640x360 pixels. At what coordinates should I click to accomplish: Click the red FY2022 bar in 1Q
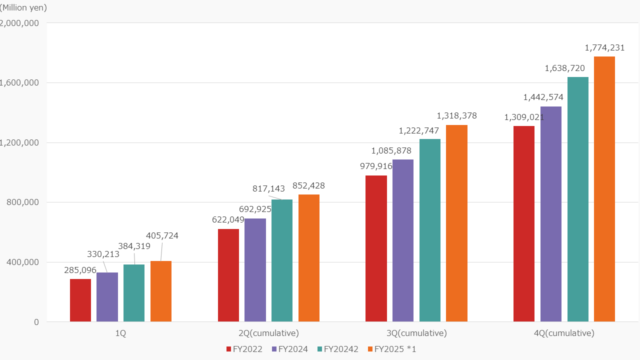(x=80, y=300)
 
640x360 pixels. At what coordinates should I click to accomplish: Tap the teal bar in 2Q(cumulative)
(x=282, y=260)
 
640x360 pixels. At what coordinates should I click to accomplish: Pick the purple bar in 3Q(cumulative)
(x=403, y=240)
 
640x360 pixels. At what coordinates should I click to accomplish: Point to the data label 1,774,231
(x=604, y=48)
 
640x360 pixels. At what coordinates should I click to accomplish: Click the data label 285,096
(x=80, y=270)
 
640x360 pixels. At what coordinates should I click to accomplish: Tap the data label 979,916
(x=376, y=166)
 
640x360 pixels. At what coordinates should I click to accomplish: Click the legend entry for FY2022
(x=244, y=349)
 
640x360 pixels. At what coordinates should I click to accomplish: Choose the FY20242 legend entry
(x=337, y=349)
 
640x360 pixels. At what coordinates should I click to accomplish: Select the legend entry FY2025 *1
(x=391, y=349)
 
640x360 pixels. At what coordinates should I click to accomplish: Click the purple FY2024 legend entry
(x=289, y=349)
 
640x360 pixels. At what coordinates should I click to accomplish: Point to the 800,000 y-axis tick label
(x=22, y=202)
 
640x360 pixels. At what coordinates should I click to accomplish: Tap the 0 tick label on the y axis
(x=36, y=322)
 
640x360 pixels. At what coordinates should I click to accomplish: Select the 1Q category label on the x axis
(x=120, y=333)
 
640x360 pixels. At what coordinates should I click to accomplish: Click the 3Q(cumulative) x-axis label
(x=416, y=333)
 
